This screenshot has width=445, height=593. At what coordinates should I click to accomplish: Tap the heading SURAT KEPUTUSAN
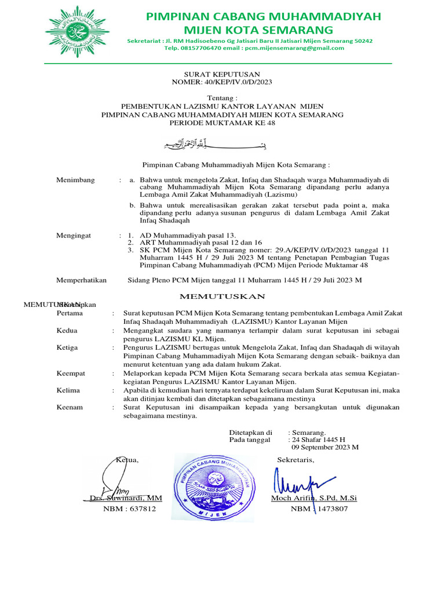point(222,74)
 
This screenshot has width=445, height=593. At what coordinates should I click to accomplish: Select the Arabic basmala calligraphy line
point(222,144)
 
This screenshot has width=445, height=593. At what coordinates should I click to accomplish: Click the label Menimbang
point(75,180)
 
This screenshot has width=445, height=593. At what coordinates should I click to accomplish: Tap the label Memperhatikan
point(81,280)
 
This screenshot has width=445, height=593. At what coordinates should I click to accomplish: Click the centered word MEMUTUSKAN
point(223,296)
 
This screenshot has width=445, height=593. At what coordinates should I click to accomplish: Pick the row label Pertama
point(70,313)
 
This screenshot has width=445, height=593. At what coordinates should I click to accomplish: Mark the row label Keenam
point(70,407)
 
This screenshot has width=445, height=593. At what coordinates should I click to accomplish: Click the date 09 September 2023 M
point(325,447)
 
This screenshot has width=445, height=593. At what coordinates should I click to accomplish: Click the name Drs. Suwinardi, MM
point(126,498)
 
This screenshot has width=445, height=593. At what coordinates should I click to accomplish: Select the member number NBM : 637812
point(129,509)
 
